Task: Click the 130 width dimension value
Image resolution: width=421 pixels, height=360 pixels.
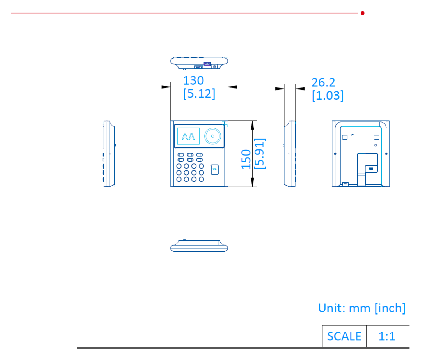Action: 193,80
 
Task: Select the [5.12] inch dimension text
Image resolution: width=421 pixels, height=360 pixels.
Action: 199,94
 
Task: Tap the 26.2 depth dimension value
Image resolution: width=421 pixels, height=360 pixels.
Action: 323,82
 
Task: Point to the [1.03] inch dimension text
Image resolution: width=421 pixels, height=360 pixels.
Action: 328,95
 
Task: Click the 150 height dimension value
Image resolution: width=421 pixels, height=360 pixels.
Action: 246,159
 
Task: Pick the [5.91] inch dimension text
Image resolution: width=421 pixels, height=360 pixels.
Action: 260,153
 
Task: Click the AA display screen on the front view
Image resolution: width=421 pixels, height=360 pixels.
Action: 188,136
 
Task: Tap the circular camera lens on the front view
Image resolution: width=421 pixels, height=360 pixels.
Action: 212,136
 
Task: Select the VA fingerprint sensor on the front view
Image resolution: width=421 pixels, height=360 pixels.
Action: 215,169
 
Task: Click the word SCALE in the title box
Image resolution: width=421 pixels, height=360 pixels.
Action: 344,336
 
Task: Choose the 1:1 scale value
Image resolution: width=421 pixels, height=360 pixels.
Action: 386,336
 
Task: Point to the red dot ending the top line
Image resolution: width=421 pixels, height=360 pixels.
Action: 362,13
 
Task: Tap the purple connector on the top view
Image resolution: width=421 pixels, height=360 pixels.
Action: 207,64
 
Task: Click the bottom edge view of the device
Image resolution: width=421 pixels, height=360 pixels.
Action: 199,246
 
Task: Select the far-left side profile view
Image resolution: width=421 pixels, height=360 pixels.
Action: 109,154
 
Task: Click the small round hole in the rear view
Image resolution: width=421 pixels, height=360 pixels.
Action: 376,145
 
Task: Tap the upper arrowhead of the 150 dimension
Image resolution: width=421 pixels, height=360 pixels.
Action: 252,125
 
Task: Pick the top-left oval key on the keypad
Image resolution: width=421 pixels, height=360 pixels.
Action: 181,155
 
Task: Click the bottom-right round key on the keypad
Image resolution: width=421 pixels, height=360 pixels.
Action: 201,179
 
